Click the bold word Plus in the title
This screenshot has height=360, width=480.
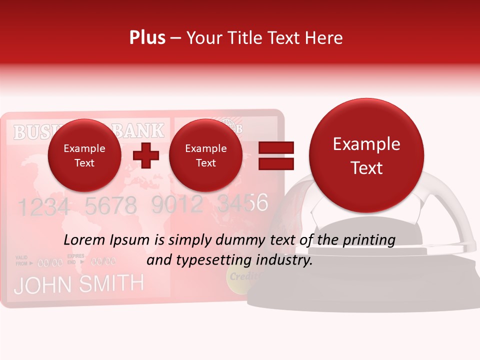[147, 38]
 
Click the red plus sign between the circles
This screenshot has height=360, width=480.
[145, 156]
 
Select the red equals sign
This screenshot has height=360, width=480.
[275, 155]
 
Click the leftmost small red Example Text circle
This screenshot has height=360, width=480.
[84, 155]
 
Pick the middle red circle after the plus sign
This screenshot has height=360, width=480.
[205, 155]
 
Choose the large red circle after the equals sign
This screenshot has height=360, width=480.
[366, 155]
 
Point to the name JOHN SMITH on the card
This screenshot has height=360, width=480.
[78, 284]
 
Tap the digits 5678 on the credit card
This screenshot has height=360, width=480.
[110, 205]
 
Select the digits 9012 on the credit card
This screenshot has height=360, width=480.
[177, 204]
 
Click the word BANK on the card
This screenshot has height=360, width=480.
[138, 131]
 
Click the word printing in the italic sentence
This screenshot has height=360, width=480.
[368, 240]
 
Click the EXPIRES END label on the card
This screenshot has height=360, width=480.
[75, 258]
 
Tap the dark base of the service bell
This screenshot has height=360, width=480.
[365, 295]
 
